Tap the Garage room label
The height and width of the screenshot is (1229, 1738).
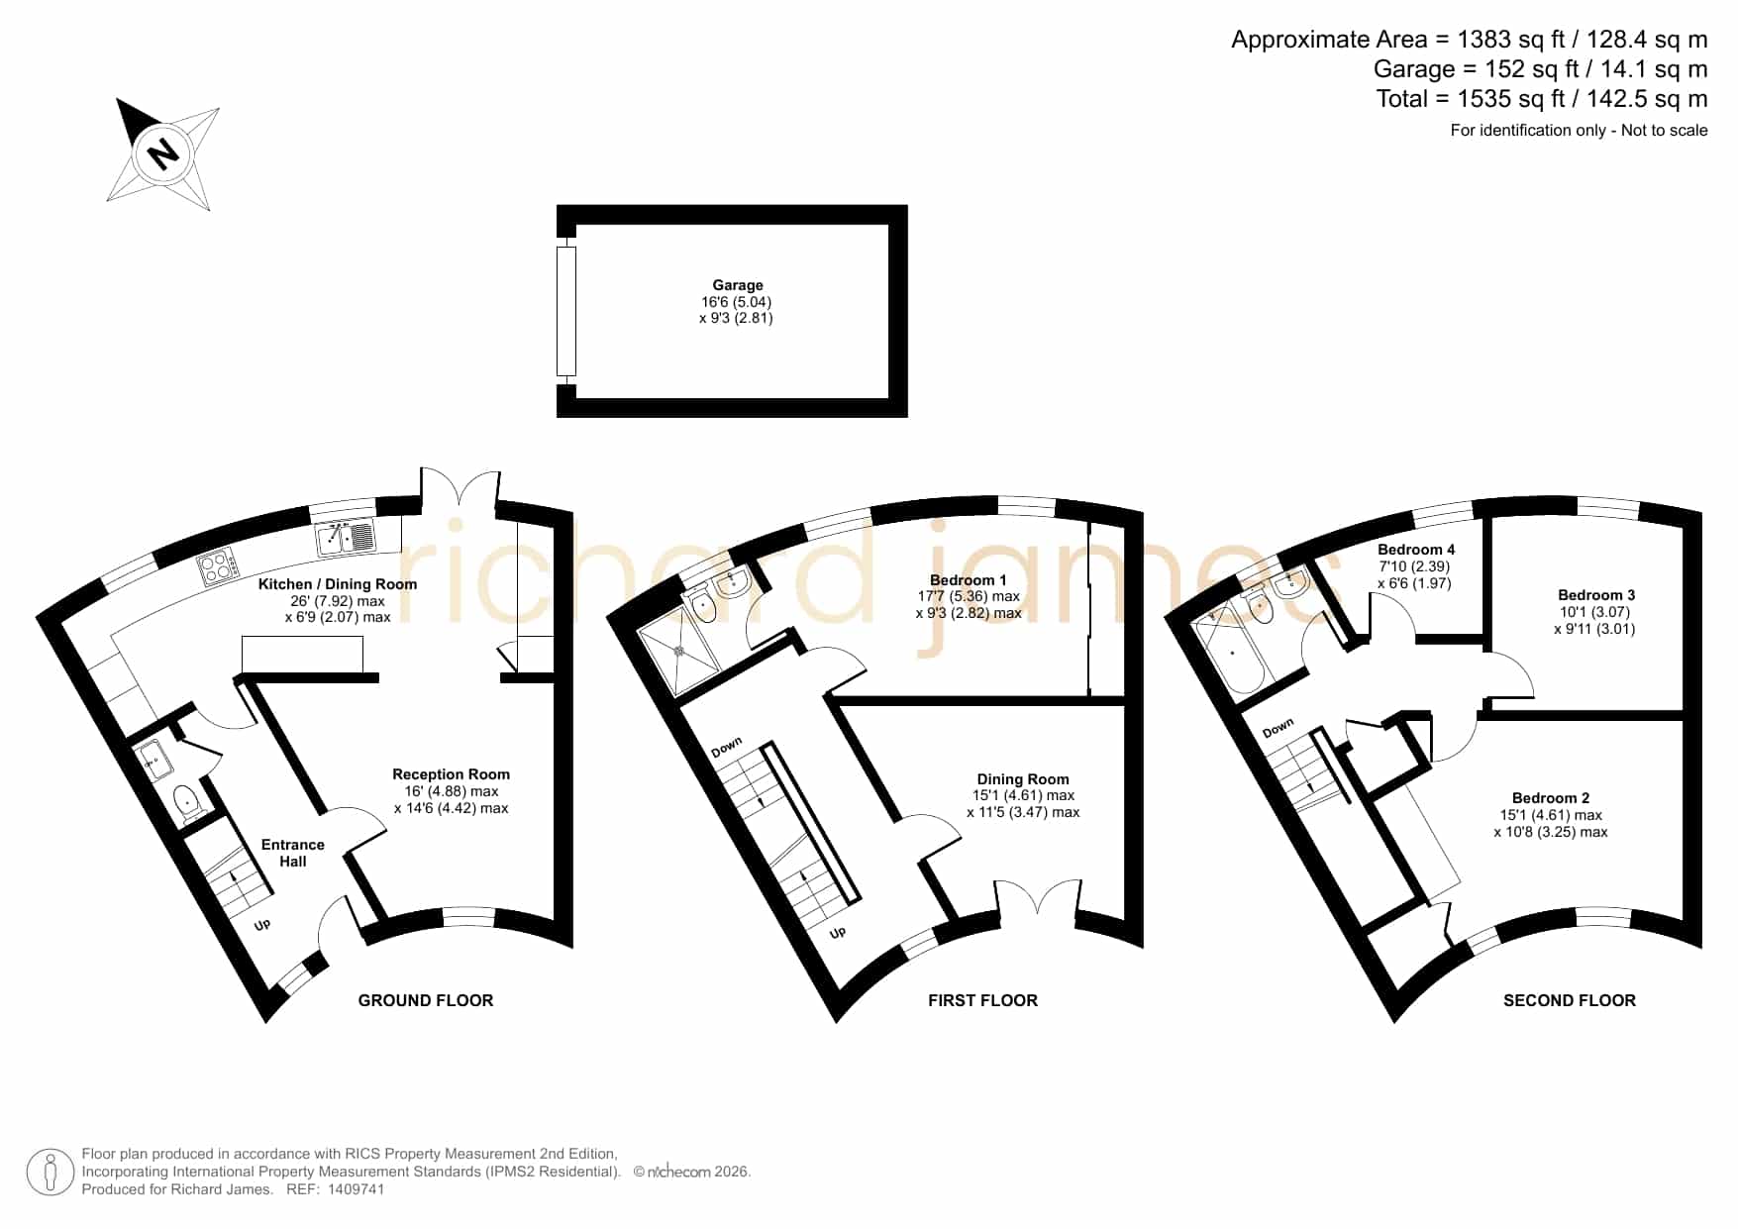click(738, 285)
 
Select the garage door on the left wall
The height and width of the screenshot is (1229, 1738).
click(565, 311)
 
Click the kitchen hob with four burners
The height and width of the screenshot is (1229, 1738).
click(220, 565)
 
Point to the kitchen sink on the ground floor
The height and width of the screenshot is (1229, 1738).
click(346, 538)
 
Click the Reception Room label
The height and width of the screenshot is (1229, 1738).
click(451, 774)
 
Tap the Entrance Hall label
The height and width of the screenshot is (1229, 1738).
click(292, 853)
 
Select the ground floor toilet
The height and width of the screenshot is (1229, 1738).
click(188, 802)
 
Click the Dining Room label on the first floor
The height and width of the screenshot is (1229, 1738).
click(1023, 779)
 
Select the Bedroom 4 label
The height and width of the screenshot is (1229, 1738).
click(1416, 550)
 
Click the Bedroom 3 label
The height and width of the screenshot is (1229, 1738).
click(1596, 595)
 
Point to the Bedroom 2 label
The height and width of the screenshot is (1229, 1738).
click(1551, 798)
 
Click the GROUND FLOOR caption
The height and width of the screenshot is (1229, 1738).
click(426, 1000)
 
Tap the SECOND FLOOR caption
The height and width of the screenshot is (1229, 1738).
click(1570, 1000)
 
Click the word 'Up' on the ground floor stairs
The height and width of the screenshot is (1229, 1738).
click(262, 925)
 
